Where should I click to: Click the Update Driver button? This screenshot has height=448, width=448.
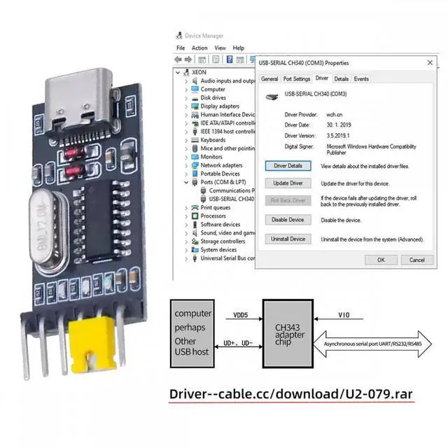[x=288, y=183]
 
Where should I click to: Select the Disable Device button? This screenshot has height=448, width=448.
[x=288, y=220]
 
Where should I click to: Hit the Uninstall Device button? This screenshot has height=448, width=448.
[x=288, y=239]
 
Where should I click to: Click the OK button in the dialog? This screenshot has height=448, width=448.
[x=381, y=260]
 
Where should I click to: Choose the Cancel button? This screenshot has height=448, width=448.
[x=416, y=260]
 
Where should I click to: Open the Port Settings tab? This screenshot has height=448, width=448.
[x=297, y=79]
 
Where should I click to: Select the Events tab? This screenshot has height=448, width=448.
[x=361, y=79]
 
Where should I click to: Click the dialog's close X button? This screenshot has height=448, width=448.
[x=429, y=62]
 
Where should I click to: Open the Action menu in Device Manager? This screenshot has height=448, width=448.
[x=199, y=48]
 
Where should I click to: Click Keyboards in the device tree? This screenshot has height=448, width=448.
[x=213, y=140]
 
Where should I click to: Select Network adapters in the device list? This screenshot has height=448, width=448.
[x=220, y=165]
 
